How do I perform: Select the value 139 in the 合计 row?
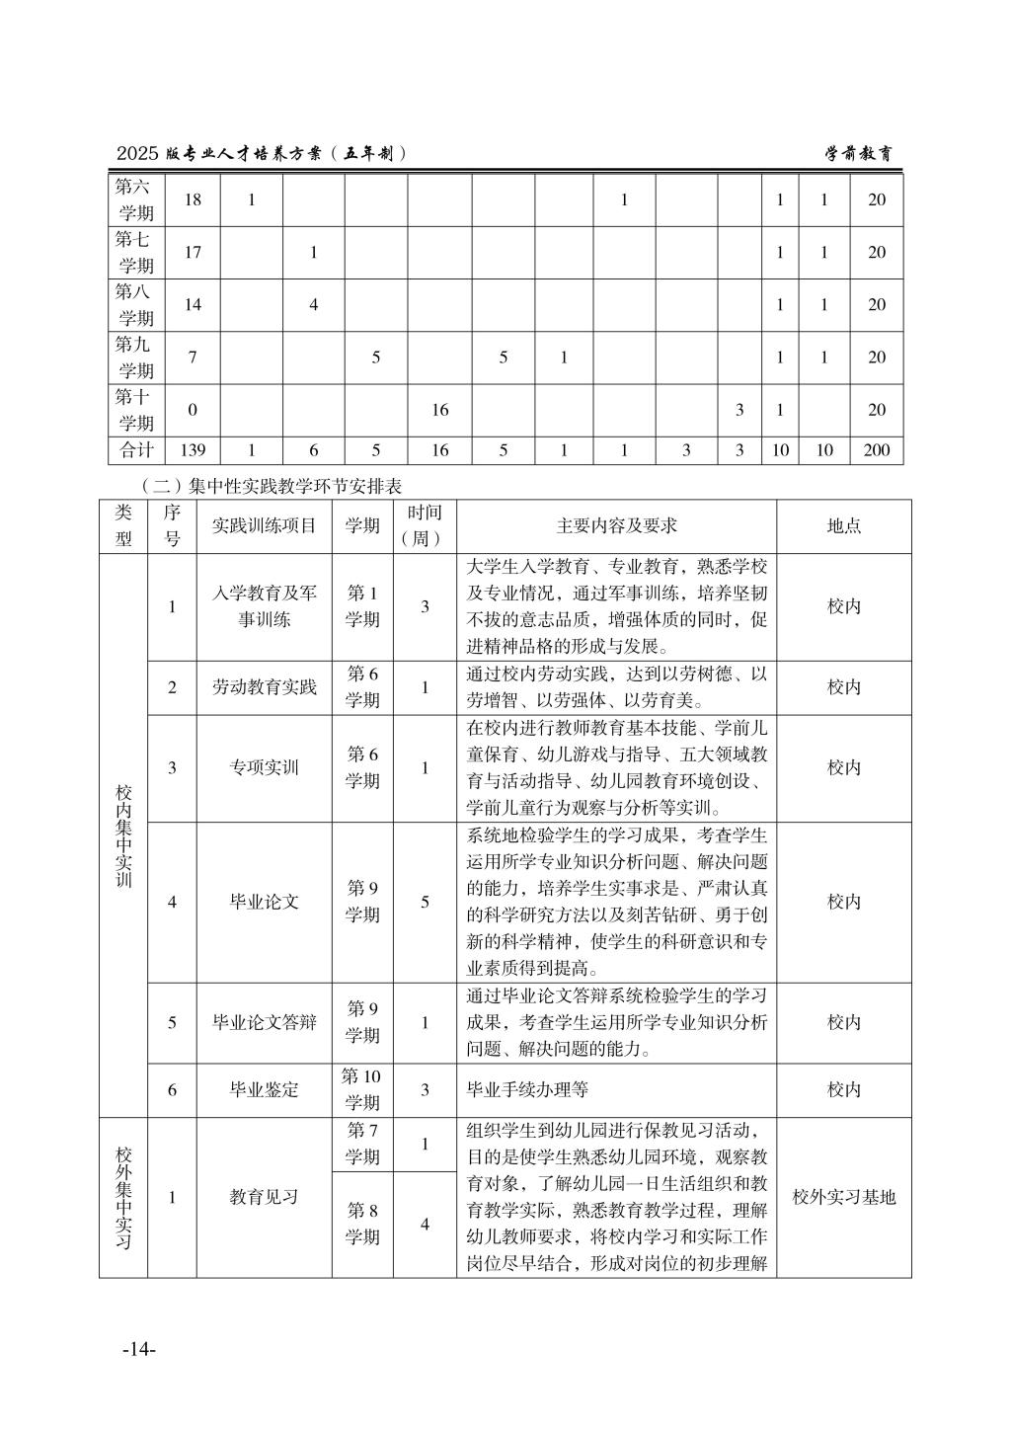[193, 450]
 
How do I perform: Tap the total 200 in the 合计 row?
[876, 450]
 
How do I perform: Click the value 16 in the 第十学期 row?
[439, 410]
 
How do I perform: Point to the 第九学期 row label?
[136, 357]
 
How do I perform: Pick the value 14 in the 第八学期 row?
[193, 304]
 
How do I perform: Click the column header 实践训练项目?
[264, 525]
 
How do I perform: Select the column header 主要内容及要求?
[616, 525]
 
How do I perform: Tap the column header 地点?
[843, 525]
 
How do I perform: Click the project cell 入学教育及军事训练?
[264, 606]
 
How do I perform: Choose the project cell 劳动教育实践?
[264, 687]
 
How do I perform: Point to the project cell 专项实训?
[264, 767]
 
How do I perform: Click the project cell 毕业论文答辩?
[264, 1022]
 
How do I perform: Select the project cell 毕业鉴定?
[264, 1089]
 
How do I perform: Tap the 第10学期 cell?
[361, 1089]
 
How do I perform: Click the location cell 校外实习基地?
[843, 1197]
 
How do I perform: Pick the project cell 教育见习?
[264, 1197]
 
